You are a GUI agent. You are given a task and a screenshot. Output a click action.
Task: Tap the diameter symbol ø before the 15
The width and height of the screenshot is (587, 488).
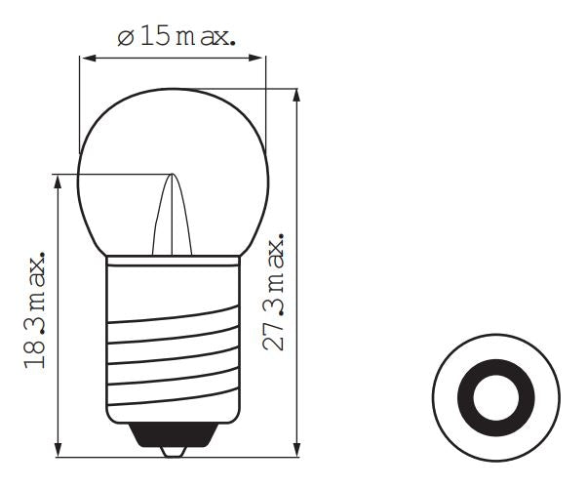click(x=125, y=39)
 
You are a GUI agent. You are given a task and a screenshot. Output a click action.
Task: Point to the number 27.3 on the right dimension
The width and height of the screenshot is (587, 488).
click(x=277, y=328)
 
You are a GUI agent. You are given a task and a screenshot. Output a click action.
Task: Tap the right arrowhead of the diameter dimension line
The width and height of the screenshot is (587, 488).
click(x=258, y=59)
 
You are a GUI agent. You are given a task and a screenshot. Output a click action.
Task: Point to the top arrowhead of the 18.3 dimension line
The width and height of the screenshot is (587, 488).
click(x=60, y=182)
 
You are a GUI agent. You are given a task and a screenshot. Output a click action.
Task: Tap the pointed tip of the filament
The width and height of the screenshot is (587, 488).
click(x=172, y=177)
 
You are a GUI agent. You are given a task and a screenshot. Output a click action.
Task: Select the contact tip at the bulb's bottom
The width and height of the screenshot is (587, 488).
click(x=172, y=450)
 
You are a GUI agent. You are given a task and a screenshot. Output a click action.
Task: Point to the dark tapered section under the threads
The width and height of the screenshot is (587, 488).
click(x=173, y=432)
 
